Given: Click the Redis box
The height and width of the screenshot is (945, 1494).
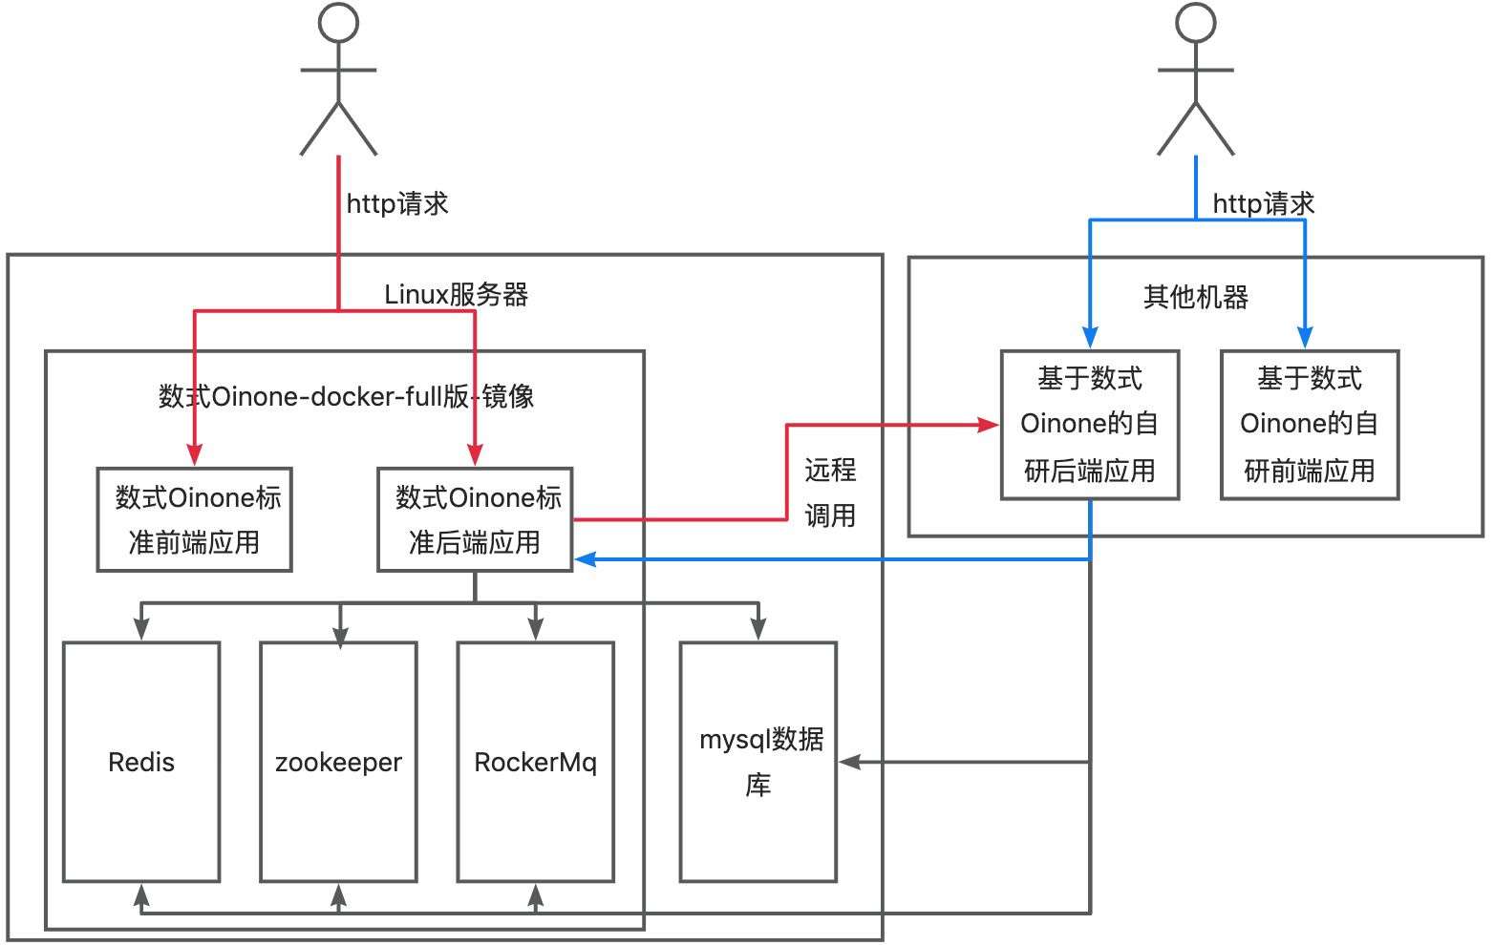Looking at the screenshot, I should pos(141,762).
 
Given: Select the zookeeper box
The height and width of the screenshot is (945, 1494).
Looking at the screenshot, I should pos(338,762).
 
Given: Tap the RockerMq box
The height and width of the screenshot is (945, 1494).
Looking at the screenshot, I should pos(535,762).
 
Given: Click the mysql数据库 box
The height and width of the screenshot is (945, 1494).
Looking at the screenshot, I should pos(758,762).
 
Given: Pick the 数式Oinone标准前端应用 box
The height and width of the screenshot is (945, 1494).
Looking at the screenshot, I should pos(195,520).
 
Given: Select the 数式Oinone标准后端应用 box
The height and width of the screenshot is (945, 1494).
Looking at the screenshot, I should pos(475,520).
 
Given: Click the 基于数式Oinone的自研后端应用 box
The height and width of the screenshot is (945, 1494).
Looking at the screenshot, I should pos(1090,425).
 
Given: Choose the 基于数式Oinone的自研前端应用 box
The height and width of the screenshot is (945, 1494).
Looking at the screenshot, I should pos(1310,425).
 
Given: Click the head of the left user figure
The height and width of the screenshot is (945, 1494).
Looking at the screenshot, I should pos(338,22).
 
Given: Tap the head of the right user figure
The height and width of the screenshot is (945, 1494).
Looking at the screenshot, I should pos(1195,22).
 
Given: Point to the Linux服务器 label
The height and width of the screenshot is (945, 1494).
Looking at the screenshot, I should pos(456,295).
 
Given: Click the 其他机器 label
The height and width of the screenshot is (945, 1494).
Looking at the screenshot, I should pos(1196,298).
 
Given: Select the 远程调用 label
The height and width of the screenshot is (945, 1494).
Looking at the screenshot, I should pos(829,493).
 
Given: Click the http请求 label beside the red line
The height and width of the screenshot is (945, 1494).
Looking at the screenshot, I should pos(396,204).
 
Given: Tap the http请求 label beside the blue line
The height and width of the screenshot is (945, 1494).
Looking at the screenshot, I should pos(1263,204).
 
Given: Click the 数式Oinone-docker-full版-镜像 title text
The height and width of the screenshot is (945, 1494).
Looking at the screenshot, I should pos(346,396).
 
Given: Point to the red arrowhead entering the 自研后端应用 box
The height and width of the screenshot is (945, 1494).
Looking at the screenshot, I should pos(989,425).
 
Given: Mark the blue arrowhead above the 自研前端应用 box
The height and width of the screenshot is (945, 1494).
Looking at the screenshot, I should pos(1305,337).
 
